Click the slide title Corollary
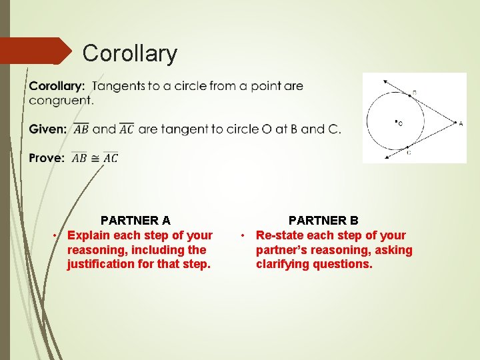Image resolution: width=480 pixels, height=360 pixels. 130,53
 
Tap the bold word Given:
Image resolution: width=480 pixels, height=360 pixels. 47,129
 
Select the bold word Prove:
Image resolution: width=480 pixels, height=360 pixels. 47,158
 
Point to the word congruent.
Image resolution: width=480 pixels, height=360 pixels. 61,101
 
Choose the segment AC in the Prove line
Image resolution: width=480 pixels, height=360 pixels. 110,158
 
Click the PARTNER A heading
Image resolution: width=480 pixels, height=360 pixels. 135,220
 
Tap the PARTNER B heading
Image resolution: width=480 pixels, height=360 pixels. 323,220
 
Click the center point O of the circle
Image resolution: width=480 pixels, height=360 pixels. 396,122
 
